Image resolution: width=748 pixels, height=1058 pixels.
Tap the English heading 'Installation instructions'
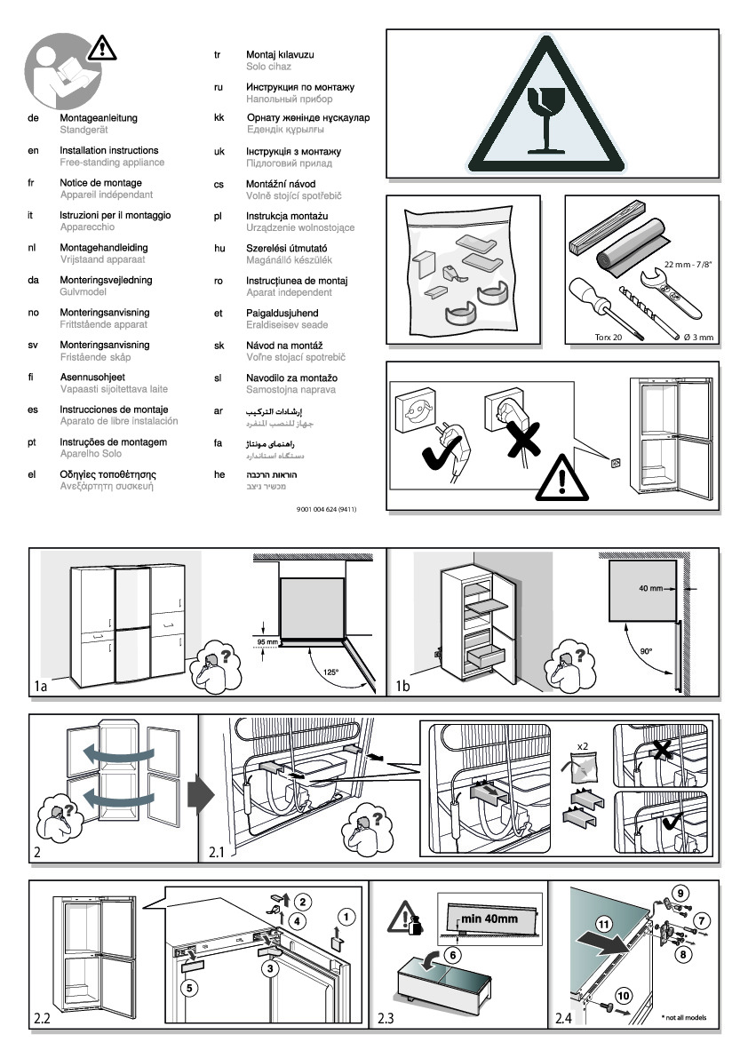coord(108,151)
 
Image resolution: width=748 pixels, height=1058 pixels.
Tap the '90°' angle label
coord(646,651)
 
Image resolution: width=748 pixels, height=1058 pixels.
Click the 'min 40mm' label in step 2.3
coord(488,919)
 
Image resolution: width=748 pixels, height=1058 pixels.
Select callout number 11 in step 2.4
coord(604,925)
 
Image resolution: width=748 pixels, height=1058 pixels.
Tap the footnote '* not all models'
coord(684,1018)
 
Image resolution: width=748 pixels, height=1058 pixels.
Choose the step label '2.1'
coord(217,853)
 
